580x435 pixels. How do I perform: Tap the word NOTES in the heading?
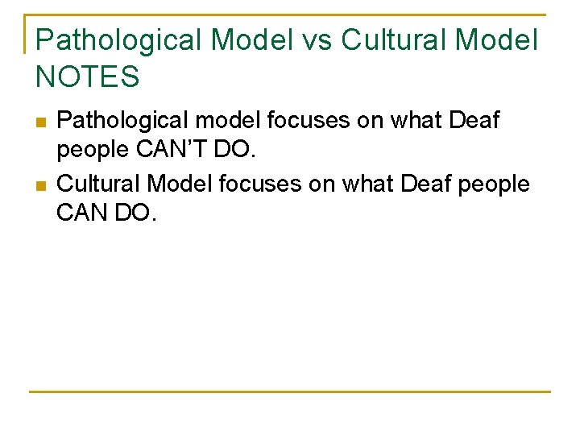click(x=88, y=77)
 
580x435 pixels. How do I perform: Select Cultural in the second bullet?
click(x=99, y=184)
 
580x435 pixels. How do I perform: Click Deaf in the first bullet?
click(x=472, y=122)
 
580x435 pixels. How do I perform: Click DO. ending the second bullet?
click(x=132, y=215)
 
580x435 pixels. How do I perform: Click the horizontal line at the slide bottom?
click(x=290, y=392)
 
